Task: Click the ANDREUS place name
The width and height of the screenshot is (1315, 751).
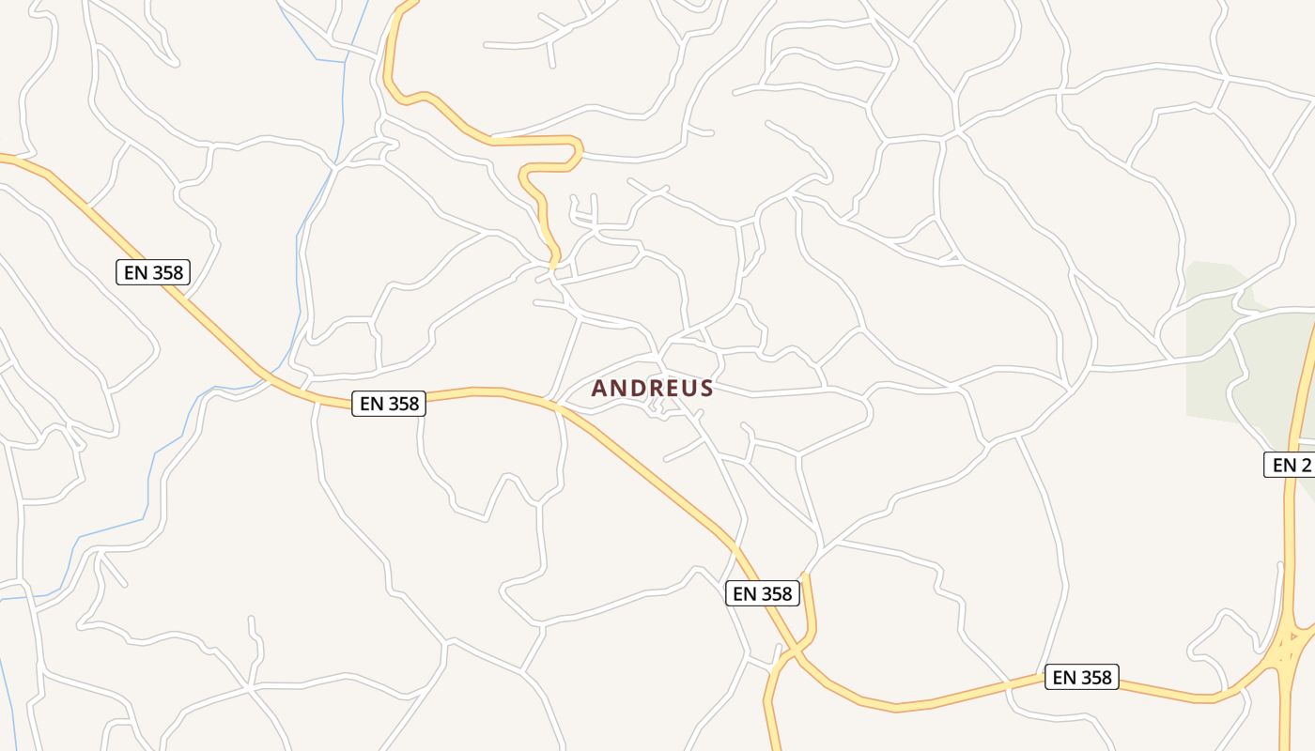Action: [652, 388]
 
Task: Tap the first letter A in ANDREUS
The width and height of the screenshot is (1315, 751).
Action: [599, 389]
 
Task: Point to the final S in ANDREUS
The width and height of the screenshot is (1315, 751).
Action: [705, 389]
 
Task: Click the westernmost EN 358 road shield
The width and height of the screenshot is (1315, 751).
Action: [153, 272]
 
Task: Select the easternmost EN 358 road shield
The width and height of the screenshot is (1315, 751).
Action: [1081, 677]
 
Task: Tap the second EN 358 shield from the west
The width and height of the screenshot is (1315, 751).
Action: [389, 404]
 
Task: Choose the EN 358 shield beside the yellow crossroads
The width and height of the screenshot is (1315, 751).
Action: [762, 593]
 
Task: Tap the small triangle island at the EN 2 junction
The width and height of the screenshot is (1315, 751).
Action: [1294, 636]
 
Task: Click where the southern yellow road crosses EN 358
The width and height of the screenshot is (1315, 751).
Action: [795, 650]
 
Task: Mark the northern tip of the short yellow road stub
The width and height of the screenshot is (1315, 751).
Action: [804, 574]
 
